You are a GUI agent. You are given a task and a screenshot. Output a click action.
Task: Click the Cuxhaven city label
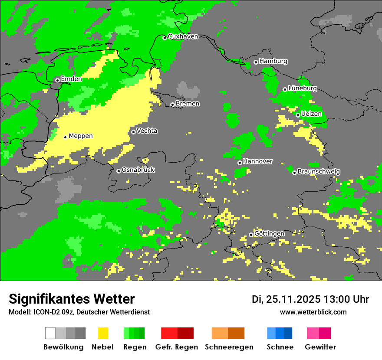pos(183,37)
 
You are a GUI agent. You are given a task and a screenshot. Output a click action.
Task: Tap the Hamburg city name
pos(273,62)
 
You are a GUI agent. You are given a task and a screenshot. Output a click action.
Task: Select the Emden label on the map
pos(71,79)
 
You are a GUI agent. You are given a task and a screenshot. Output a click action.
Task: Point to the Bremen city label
pos(188,104)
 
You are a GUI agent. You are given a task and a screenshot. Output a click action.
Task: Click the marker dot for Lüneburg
pos(285,89)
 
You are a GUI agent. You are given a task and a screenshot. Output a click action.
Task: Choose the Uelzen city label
pos(311,114)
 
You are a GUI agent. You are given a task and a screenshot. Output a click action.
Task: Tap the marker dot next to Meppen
pos(65,137)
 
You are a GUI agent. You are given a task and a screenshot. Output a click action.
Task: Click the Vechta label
pos(147,131)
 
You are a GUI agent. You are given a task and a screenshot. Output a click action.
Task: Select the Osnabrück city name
pos(138,170)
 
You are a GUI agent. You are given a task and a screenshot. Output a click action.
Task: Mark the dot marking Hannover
pos(240,163)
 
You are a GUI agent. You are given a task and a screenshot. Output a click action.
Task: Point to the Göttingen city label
pos(269,234)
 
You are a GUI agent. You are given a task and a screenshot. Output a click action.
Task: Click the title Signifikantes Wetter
pos(72,299)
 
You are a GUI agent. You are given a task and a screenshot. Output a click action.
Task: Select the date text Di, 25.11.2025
pos(286,299)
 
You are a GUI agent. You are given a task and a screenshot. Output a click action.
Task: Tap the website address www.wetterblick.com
pos(313,312)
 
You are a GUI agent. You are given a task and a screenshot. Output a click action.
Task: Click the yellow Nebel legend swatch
pos(103,333)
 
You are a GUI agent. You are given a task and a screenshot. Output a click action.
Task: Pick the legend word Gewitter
pos(320,347)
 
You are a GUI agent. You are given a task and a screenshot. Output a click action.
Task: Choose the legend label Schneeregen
pos(229,347)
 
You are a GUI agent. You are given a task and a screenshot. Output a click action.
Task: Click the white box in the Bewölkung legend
pos(50,333)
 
